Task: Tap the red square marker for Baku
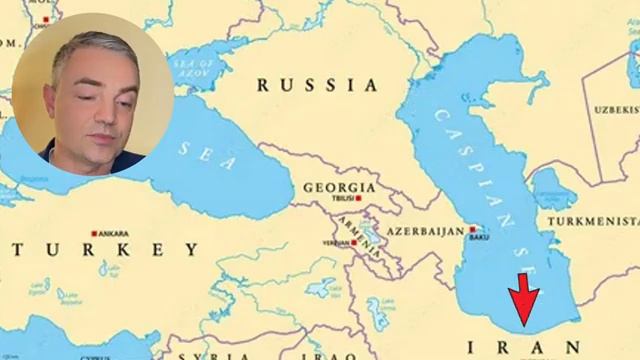tap(472, 230)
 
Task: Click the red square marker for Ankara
tap(94, 232)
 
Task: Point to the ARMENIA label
tap(356, 224)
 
